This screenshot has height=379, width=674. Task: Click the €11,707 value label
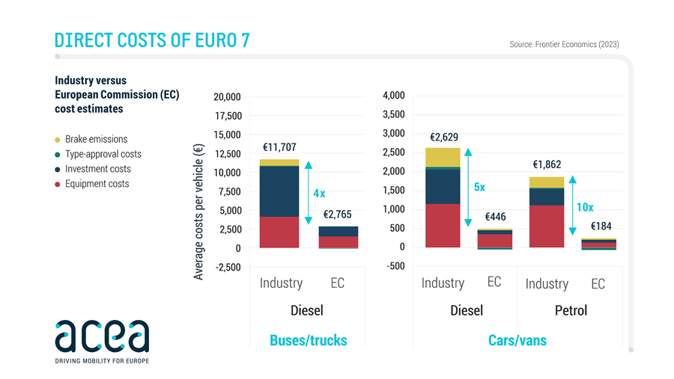(279, 148)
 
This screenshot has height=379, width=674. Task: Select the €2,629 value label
(444, 137)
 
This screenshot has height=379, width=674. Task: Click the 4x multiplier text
(319, 194)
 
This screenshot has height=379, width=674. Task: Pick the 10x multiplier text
(586, 207)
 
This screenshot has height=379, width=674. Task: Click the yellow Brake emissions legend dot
(58, 140)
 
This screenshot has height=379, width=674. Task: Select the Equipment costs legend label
(97, 184)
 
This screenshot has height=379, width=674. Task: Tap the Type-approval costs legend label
(103, 154)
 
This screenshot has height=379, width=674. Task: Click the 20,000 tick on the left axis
(227, 97)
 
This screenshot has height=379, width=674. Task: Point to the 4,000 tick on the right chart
(393, 96)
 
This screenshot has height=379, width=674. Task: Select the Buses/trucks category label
(308, 341)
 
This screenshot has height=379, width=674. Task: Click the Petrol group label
(571, 310)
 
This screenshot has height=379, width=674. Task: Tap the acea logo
(102, 338)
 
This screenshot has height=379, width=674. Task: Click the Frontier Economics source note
(564, 44)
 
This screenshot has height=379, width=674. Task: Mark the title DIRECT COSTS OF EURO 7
(152, 40)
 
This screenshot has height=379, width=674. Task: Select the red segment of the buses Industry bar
(279, 232)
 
